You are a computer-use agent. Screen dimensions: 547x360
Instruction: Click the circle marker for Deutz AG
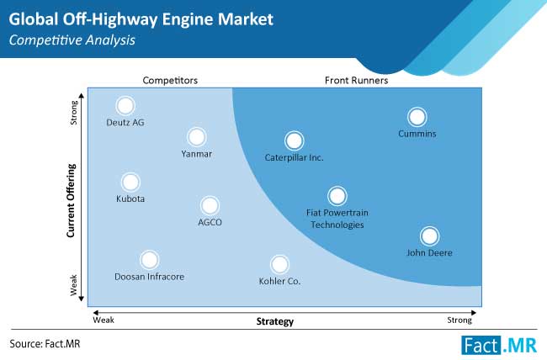(x=125, y=105)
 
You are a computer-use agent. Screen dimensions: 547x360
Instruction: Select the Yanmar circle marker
(x=196, y=137)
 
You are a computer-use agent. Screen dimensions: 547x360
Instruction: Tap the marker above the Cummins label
(x=417, y=117)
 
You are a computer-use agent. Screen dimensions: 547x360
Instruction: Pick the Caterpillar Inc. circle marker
(x=294, y=140)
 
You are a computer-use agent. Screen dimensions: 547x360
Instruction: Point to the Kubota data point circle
(x=130, y=182)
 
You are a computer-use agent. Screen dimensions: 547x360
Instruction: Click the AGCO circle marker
(x=210, y=205)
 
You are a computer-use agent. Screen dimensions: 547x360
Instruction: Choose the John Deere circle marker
(x=429, y=236)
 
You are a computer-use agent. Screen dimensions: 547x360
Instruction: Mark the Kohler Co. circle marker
(x=279, y=264)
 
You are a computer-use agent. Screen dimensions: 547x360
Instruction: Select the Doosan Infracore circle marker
(x=149, y=260)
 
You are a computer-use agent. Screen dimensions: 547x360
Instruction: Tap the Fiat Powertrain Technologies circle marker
(x=337, y=196)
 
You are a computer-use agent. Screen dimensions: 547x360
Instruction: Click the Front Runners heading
(x=356, y=81)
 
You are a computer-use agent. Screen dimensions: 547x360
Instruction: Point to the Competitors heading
(x=170, y=81)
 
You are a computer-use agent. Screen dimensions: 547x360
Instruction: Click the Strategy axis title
(x=275, y=321)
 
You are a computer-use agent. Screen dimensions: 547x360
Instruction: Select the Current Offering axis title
(x=71, y=200)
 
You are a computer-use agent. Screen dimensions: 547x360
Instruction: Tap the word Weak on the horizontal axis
(x=104, y=320)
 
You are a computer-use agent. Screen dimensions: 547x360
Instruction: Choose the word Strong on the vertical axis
(x=73, y=113)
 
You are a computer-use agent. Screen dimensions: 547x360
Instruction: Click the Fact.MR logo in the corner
(x=499, y=345)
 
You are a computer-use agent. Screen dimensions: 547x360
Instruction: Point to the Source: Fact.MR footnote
(x=45, y=344)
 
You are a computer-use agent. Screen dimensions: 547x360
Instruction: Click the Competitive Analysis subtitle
(x=72, y=40)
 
